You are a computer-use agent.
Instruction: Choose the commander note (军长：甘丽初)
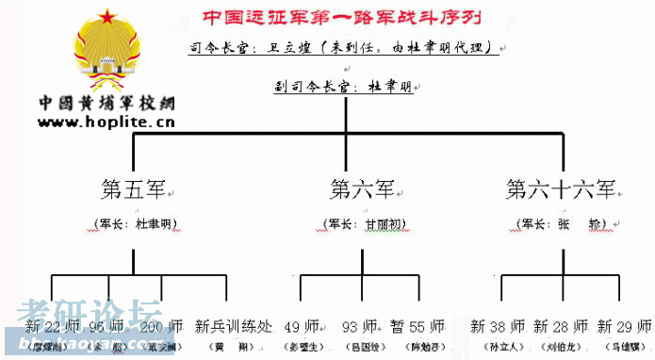(x=363, y=224)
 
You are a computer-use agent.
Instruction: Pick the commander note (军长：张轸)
(x=560, y=224)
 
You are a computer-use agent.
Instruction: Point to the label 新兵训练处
(x=234, y=327)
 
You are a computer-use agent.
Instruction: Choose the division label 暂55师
(x=417, y=327)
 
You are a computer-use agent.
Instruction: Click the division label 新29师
(x=623, y=327)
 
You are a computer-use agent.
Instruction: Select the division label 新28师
(x=560, y=327)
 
